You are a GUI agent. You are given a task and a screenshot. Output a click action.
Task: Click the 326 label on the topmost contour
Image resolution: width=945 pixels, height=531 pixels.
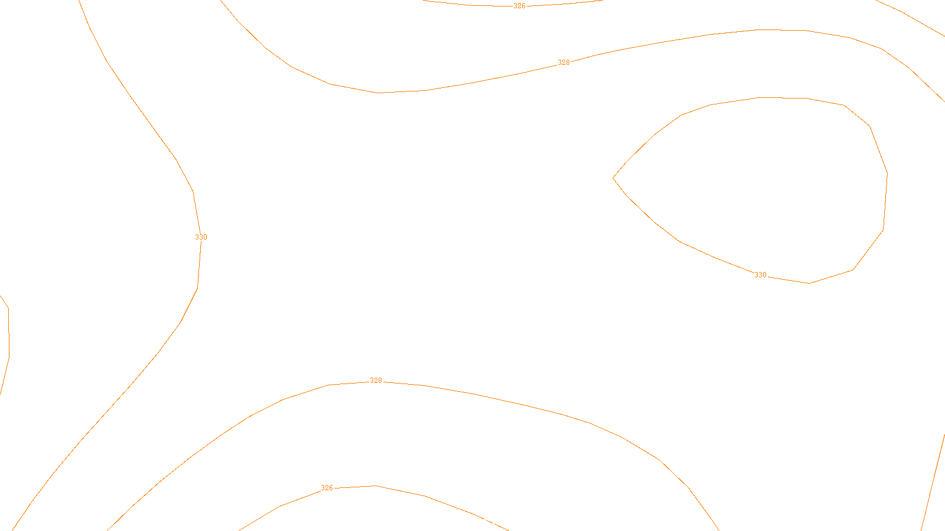click(x=519, y=6)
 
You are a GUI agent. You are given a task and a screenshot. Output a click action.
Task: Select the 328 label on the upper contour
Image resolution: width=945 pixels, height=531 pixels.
click(x=564, y=63)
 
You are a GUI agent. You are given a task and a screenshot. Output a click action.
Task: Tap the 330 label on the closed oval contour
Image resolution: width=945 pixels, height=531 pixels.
click(x=760, y=275)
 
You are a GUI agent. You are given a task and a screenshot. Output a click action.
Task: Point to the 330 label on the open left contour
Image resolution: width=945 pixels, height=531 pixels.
click(x=201, y=237)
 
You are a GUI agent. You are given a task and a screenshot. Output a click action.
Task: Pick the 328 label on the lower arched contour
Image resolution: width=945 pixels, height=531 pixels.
click(x=376, y=381)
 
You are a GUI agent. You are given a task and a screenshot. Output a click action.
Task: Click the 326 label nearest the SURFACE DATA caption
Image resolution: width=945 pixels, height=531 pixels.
click(x=327, y=488)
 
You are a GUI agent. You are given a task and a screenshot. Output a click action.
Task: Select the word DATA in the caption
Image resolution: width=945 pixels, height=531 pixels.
click(x=499, y=522)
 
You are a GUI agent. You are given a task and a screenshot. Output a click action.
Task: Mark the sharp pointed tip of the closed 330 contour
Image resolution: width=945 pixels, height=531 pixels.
click(x=614, y=177)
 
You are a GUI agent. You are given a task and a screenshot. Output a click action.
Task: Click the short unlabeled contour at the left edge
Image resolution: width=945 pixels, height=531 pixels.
click(x=8, y=330)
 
